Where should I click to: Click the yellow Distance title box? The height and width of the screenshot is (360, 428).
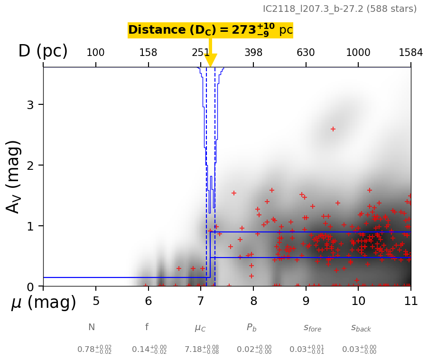(x=210, y=30)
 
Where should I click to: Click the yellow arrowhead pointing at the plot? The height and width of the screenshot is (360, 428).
(x=210, y=60)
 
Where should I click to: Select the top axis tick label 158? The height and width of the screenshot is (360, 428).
(x=148, y=53)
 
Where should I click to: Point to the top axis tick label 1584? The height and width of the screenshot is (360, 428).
(x=410, y=53)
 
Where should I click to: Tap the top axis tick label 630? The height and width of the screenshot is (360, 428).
(x=306, y=53)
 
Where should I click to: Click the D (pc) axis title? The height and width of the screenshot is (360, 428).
(x=43, y=51)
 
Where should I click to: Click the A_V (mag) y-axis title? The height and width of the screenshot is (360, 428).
(x=14, y=176)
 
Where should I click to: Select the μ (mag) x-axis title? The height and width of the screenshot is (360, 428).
(x=44, y=303)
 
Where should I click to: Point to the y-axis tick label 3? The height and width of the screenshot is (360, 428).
(x=30, y=105)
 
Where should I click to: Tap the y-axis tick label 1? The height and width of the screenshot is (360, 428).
(x=30, y=226)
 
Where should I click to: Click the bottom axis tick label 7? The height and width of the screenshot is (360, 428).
(x=201, y=301)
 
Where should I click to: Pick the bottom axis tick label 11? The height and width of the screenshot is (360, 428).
(x=410, y=301)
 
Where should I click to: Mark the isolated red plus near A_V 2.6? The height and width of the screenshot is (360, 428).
(x=333, y=129)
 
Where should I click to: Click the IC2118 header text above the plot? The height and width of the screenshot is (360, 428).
(x=339, y=9)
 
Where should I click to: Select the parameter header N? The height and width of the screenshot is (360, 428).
(x=92, y=327)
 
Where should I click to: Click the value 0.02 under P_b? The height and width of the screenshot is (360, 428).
(x=254, y=350)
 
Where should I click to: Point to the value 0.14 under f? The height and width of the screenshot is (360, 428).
(x=149, y=350)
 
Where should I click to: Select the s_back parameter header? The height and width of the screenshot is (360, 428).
(x=361, y=328)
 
